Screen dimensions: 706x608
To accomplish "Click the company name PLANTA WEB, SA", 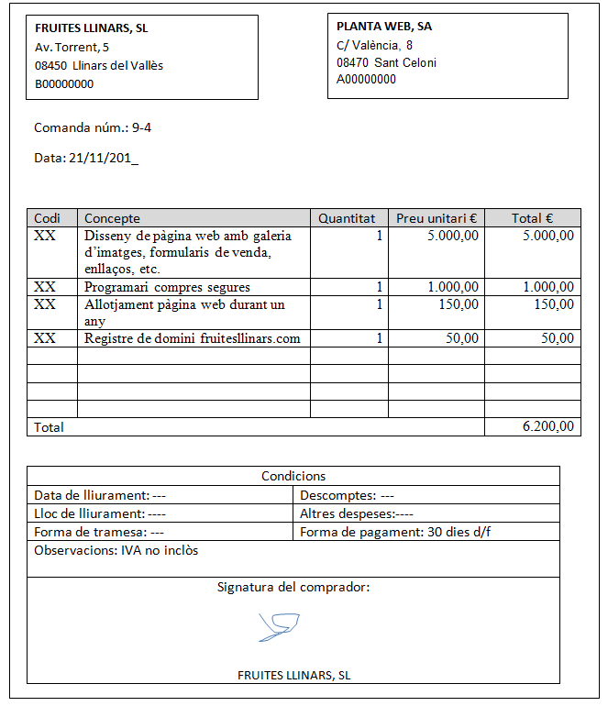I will click(x=384, y=27).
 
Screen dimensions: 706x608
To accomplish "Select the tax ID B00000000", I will click(x=64, y=84).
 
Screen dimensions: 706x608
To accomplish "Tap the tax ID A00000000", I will click(x=366, y=80).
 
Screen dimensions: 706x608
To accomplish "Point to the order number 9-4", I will click(x=142, y=127).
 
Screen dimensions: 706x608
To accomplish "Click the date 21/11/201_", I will click(x=104, y=158).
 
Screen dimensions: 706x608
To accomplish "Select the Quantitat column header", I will click(x=347, y=218).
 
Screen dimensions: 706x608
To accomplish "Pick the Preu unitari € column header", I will click(x=437, y=218).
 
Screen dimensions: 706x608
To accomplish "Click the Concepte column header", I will click(x=112, y=218).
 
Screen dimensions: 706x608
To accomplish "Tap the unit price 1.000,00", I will click(x=453, y=287).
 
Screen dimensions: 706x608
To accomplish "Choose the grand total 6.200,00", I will click(x=547, y=426).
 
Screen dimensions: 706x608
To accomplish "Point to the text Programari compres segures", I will click(x=167, y=287).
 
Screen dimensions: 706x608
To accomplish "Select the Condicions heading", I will click(x=293, y=476).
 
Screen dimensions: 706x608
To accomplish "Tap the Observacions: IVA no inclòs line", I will click(x=116, y=551).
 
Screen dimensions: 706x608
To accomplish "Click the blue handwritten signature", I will click(x=278, y=626).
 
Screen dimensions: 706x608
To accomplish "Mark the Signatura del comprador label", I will click(x=293, y=587).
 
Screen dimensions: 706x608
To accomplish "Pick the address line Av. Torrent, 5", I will click(x=72, y=47).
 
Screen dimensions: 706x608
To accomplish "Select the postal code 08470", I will click(x=352, y=62).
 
